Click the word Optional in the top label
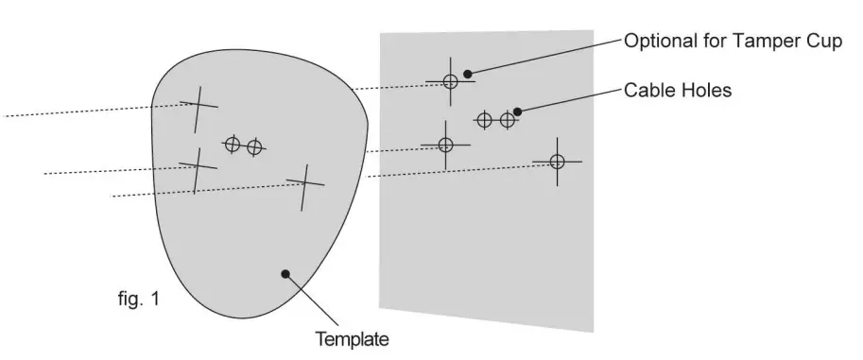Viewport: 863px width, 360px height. pos(657,43)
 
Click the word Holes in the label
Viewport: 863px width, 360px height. pos(706,91)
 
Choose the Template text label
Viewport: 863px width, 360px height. pos(352,337)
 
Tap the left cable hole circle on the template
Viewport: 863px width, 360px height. pos(233,144)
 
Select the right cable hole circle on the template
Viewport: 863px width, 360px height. pos(253,147)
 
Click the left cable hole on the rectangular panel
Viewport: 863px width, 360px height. pos(484,120)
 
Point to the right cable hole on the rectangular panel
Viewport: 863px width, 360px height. pos(508,120)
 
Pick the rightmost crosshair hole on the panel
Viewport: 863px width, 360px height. pos(557,162)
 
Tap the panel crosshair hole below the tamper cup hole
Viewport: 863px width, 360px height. pos(446,145)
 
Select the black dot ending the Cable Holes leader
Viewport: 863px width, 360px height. pos(517,111)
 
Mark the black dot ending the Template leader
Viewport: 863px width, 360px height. pos(285,274)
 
